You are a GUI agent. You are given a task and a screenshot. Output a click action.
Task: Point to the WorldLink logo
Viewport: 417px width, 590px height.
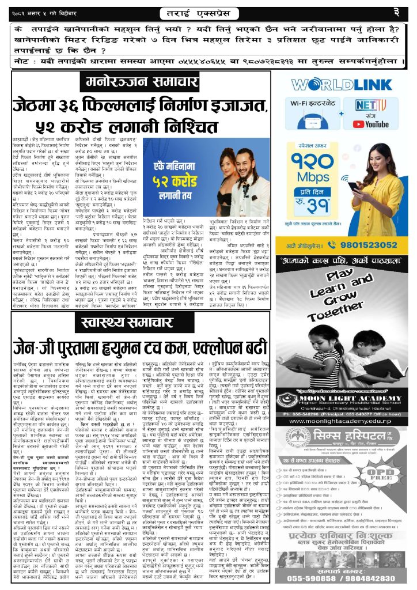[x=345, y=85]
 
